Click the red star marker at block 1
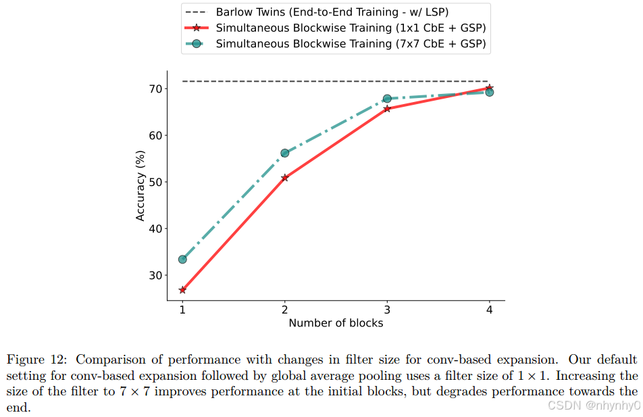(182, 290)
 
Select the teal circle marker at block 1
(182, 260)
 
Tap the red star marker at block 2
(284, 178)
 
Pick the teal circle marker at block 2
(284, 153)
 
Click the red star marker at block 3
(387, 108)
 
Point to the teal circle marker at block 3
(387, 99)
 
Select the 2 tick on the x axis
(284, 310)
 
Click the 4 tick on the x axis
(489, 310)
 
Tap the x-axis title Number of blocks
(336, 323)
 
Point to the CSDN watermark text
(593, 405)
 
